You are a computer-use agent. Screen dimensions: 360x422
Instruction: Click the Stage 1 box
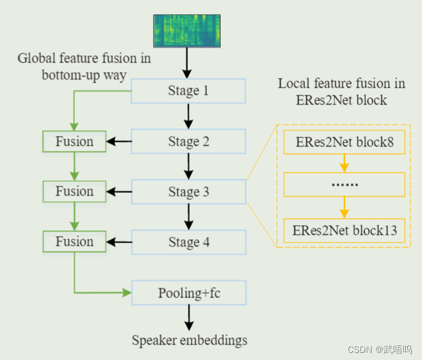coord(188,91)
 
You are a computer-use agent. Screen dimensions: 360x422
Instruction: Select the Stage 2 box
coord(188,141)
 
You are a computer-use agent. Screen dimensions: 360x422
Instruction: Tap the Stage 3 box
coord(188,192)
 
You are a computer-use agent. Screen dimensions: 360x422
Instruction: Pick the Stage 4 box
coord(188,242)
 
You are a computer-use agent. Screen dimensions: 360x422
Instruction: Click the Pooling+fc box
coord(188,293)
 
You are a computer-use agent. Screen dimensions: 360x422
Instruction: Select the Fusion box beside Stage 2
coord(74,141)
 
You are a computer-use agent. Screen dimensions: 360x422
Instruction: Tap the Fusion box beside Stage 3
coord(74,192)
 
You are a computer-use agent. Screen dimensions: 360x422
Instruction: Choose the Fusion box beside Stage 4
coord(74,242)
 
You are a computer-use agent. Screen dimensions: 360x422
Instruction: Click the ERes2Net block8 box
coord(343,142)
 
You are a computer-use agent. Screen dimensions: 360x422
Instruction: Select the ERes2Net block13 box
coord(343,230)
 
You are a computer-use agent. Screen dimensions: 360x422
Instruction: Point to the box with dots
coord(343,186)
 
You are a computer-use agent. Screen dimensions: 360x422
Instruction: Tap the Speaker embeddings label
coord(189,340)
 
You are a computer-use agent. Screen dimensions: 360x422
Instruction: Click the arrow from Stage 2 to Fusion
coord(119,141)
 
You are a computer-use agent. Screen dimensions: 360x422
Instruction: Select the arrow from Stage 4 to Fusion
coord(119,242)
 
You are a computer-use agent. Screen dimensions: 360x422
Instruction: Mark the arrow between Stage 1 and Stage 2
coord(188,116)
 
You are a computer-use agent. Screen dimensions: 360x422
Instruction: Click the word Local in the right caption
coord(293,84)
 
